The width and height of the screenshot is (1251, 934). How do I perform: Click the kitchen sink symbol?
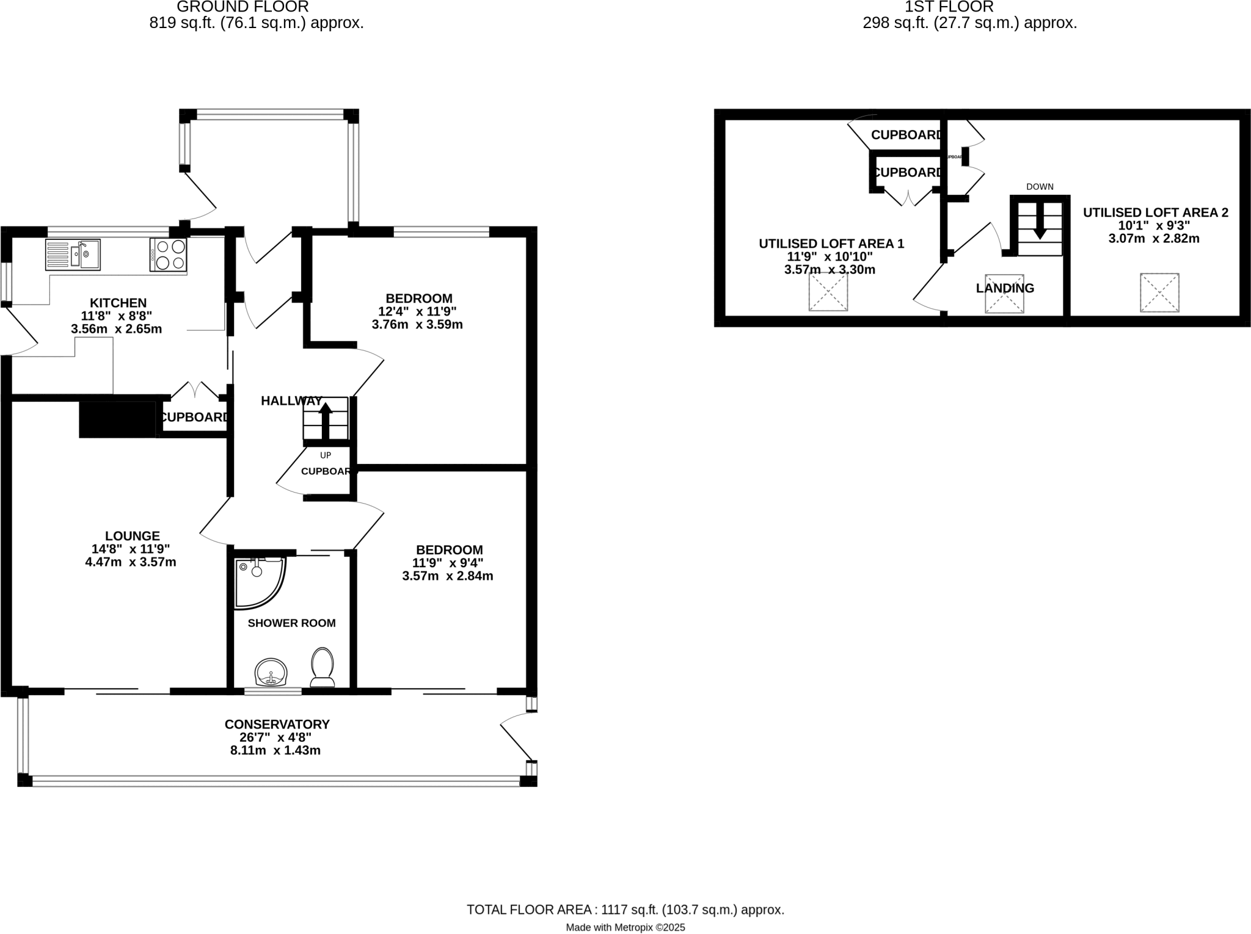tap(73, 255)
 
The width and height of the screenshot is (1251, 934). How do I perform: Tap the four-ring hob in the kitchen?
tap(168, 255)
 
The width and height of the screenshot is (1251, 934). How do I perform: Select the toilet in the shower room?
tap(323, 667)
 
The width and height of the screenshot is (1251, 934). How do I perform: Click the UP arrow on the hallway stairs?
tap(326, 419)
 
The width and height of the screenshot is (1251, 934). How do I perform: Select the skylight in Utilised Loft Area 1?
tap(828, 292)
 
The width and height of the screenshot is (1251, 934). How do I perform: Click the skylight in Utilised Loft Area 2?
tap(1159, 293)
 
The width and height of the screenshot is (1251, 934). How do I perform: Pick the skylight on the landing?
tap(1004, 294)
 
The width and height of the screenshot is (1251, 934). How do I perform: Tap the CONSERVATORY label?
tap(277, 724)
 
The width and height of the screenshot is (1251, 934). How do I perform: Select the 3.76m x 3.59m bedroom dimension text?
tap(417, 324)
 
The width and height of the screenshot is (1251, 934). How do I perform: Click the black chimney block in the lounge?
tap(117, 419)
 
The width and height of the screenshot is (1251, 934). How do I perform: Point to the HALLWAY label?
tap(291, 401)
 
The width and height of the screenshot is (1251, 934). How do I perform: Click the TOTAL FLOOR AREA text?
tap(625, 910)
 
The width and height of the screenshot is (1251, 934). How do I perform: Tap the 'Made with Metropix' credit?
tap(625, 928)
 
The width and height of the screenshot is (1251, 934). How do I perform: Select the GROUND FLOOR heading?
tap(243, 7)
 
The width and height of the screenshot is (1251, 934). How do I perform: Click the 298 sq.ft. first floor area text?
tap(969, 23)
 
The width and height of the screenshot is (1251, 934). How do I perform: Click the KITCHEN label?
tap(118, 303)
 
